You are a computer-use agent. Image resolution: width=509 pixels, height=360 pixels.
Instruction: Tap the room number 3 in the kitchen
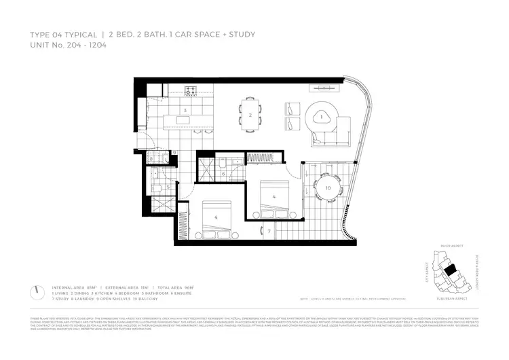click(x=185, y=109)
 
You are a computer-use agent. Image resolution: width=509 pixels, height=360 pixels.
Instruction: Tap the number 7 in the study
click(x=269, y=232)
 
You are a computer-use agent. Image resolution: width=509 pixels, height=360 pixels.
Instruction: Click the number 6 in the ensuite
click(x=224, y=174)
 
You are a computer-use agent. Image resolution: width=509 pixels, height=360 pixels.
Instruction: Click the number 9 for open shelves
click(x=174, y=152)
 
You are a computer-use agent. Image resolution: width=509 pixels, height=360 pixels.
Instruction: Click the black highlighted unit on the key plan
click(x=450, y=270)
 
